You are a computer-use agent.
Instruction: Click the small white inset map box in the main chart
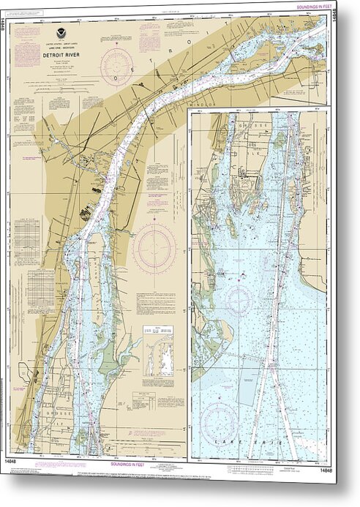click(x=157, y=351)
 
